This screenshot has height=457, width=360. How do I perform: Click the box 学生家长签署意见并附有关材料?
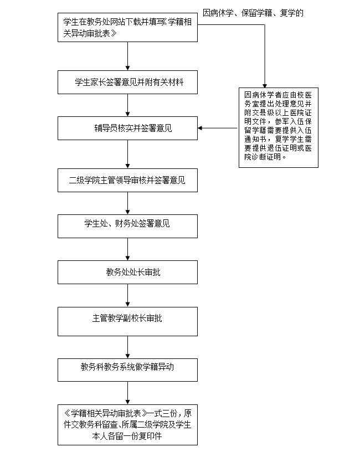(x=127, y=82)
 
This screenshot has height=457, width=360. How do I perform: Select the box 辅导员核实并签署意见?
(x=127, y=129)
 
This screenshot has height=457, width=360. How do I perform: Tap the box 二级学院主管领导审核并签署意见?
(x=127, y=180)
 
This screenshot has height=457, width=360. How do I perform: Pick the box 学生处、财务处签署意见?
(x=127, y=226)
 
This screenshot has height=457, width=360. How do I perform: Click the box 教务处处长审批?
(x=127, y=272)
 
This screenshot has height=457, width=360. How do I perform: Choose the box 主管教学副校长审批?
(x=127, y=321)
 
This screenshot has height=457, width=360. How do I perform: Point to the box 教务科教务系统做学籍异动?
(x=127, y=370)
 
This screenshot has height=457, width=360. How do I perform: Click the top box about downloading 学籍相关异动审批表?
(x=127, y=27)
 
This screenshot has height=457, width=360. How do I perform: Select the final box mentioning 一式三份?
(x=127, y=425)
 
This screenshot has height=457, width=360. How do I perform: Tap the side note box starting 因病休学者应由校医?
(x=279, y=127)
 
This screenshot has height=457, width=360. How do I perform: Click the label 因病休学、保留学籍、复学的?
(x=253, y=13)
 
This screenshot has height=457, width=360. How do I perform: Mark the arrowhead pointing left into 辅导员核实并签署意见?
(x=200, y=128)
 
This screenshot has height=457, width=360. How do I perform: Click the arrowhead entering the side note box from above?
(x=265, y=86)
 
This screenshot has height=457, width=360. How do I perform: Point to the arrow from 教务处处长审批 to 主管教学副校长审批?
(x=127, y=295)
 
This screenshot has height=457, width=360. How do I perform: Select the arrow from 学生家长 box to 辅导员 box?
(x=127, y=105)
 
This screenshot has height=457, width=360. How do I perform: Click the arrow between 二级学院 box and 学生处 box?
(x=127, y=203)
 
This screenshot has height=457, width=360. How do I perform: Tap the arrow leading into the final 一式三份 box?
(x=127, y=393)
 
